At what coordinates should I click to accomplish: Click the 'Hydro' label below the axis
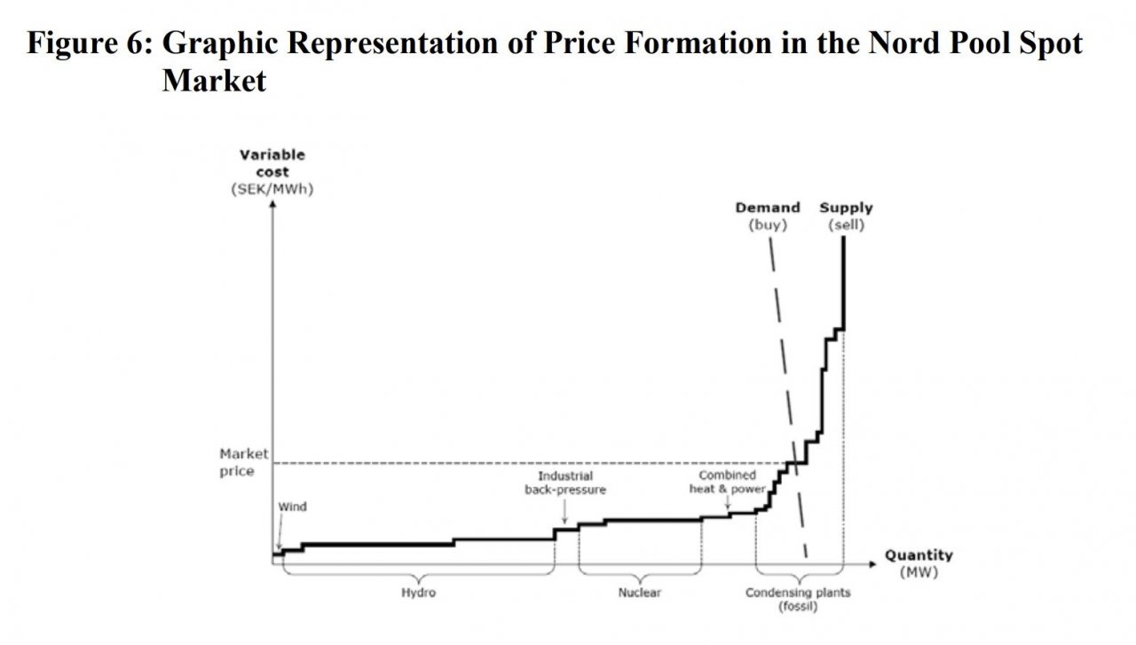pyautogui.click(x=419, y=593)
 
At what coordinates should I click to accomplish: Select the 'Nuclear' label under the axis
pyautogui.click(x=639, y=593)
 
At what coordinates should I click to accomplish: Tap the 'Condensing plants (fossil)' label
pyautogui.click(x=798, y=600)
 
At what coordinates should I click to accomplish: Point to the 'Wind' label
pyautogui.click(x=292, y=507)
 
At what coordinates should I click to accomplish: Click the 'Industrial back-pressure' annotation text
pyautogui.click(x=565, y=483)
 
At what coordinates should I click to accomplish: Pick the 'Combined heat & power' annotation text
pyautogui.click(x=727, y=482)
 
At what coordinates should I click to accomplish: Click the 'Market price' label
pyautogui.click(x=242, y=462)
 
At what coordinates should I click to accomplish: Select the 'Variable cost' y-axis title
pyautogui.click(x=272, y=163)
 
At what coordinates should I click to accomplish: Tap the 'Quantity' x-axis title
pyautogui.click(x=919, y=555)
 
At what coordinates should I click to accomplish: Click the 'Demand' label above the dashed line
pyautogui.click(x=767, y=208)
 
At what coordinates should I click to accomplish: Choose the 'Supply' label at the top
pyautogui.click(x=846, y=208)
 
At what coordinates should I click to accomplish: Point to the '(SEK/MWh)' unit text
pyautogui.click(x=272, y=189)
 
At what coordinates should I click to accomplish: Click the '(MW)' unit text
pyautogui.click(x=918, y=572)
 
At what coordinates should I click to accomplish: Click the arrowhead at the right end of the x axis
pyautogui.click(x=867, y=563)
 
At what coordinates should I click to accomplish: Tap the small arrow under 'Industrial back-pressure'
pyautogui.click(x=565, y=517)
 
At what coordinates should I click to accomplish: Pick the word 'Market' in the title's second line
pyautogui.click(x=214, y=81)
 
